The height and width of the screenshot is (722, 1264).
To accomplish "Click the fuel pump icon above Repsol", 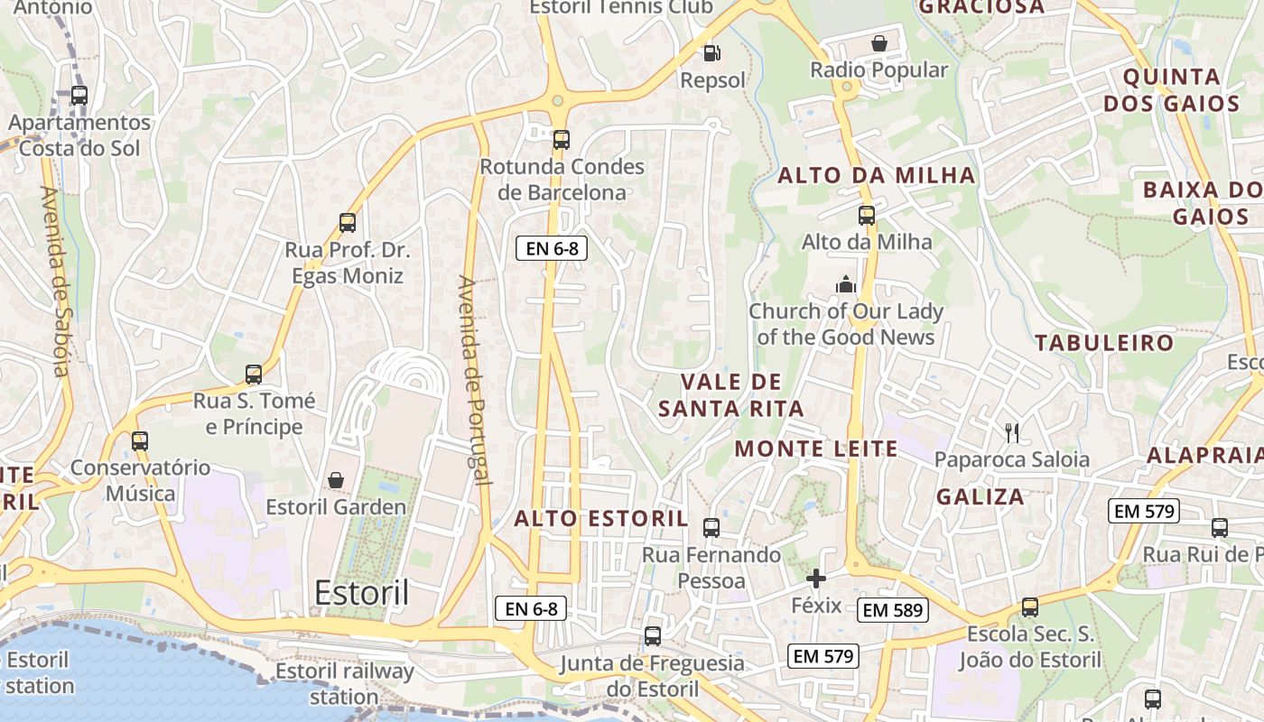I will coord(711,53).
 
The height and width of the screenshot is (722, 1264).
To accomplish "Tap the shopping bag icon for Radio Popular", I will coord(878,42).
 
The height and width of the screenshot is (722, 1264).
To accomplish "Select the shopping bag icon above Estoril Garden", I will coord(336,479).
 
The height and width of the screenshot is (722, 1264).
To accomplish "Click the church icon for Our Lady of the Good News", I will coord(846,284).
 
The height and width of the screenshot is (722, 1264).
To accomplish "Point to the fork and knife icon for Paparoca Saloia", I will coord(1012,433).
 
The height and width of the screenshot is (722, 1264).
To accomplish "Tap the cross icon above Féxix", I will coord(816,579).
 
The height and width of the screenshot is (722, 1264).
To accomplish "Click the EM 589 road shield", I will coord(892,610).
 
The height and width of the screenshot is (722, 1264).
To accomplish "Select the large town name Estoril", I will coord(361,593).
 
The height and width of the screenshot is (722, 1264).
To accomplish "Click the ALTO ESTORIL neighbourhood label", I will coord(601,519).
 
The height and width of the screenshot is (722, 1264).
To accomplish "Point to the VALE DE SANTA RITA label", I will coord(731,395).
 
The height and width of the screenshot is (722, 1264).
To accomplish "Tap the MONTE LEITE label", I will coord(816,449).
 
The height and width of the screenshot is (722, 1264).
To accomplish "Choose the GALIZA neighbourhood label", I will coord(981,496).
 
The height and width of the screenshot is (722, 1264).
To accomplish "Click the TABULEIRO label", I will coord(1104,343).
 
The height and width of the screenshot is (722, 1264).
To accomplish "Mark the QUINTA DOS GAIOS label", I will coord(1172,89).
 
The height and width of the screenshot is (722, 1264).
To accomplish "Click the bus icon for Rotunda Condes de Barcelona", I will coord(562,139).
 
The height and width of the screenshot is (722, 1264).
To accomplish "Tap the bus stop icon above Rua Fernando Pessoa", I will coord(711,527).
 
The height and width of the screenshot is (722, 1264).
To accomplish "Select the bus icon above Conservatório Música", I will coord(139,440).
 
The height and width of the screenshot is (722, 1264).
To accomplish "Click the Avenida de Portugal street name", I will coord(474,379).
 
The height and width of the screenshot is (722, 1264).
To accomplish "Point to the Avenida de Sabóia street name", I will coord(55,281).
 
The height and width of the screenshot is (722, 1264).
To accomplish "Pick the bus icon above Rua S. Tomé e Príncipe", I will coord(254,374).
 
